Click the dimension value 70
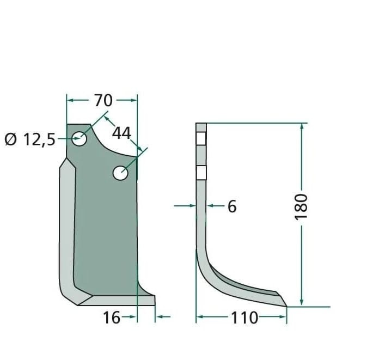(103, 101)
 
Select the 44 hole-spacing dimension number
(122, 132)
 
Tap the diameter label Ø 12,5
(29, 139)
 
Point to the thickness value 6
(232, 206)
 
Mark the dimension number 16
(112, 318)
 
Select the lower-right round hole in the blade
(120, 173)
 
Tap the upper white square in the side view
(202, 138)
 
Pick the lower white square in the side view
(202, 173)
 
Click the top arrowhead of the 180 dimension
(301, 127)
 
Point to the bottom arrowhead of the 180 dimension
(301, 303)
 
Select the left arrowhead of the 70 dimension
(70, 100)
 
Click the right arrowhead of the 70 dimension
(134, 100)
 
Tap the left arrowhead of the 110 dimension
(199, 317)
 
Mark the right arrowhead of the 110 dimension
(284, 317)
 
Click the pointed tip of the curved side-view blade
(286, 306)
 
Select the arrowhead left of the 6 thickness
(192, 206)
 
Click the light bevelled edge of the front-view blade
(66, 229)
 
